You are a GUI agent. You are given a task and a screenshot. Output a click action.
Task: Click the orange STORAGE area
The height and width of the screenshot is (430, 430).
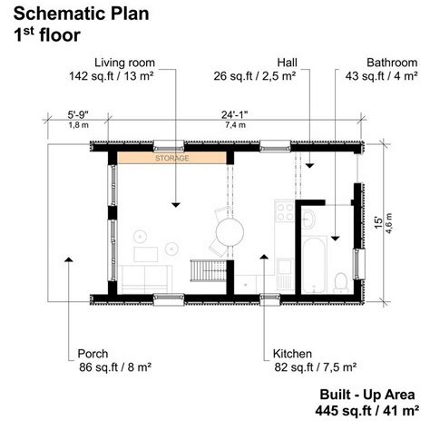[x=171, y=158]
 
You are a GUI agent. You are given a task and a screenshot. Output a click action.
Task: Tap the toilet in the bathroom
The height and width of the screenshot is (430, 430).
[x=341, y=282]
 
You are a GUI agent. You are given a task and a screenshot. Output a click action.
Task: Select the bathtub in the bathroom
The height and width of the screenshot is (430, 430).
[x=314, y=265]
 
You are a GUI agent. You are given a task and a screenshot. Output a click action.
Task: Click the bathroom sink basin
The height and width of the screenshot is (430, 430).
[x=308, y=219]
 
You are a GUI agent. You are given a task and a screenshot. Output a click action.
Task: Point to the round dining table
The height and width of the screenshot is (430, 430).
[x=230, y=232]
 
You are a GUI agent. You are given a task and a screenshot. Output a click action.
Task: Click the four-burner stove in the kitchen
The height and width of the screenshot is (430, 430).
[x=285, y=211]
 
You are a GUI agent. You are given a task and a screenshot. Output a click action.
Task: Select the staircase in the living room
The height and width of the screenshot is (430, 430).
[x=209, y=271]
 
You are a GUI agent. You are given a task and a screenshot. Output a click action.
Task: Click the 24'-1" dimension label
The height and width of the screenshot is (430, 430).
[x=235, y=115]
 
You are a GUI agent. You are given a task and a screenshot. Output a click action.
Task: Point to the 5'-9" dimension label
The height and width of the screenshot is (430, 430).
[x=78, y=115]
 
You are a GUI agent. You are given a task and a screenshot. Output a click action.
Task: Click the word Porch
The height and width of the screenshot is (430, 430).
[x=93, y=354]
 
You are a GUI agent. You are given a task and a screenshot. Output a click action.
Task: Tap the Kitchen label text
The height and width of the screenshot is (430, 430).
[x=292, y=354]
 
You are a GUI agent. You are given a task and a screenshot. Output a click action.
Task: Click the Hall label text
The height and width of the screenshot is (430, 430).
[x=288, y=63]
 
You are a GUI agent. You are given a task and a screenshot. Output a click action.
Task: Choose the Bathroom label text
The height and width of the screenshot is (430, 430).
[x=392, y=63]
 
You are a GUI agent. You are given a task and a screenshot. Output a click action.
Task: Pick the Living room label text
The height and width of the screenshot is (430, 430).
[x=124, y=63]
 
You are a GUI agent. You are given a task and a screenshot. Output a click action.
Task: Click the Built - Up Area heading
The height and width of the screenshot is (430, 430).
[x=367, y=395]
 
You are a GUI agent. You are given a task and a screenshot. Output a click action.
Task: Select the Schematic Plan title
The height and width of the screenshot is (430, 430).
[x=81, y=14]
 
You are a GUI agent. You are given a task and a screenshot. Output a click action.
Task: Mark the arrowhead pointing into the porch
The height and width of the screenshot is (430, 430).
[x=69, y=259]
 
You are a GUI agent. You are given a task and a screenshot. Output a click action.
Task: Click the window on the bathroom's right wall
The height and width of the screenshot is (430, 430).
[x=359, y=264]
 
